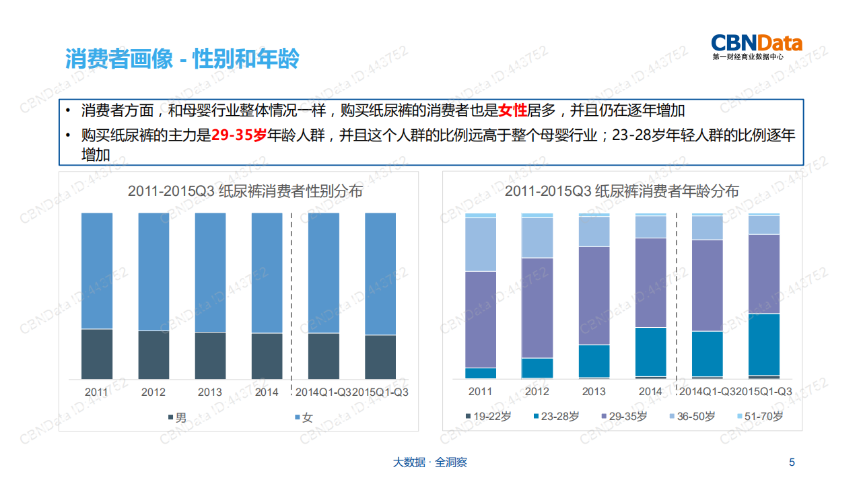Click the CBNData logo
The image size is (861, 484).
click(x=757, y=46)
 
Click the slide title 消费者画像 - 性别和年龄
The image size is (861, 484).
click(x=182, y=59)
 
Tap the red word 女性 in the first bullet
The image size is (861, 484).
click(x=512, y=110)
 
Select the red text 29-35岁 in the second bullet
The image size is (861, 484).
click(x=239, y=135)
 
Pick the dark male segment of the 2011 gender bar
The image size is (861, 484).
click(x=97, y=353)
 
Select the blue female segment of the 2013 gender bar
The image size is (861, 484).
click(x=210, y=273)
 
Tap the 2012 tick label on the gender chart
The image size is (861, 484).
click(x=153, y=392)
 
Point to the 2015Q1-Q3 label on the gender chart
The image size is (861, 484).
click(x=380, y=392)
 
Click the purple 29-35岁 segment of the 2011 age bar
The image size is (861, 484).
click(x=481, y=319)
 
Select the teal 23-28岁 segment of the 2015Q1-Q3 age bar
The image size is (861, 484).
click(x=764, y=344)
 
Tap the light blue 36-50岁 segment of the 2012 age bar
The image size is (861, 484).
click(x=537, y=238)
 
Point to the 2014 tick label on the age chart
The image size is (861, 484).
click(x=650, y=392)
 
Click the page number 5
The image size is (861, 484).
click(x=792, y=462)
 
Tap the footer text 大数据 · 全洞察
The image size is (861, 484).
click(x=429, y=462)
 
